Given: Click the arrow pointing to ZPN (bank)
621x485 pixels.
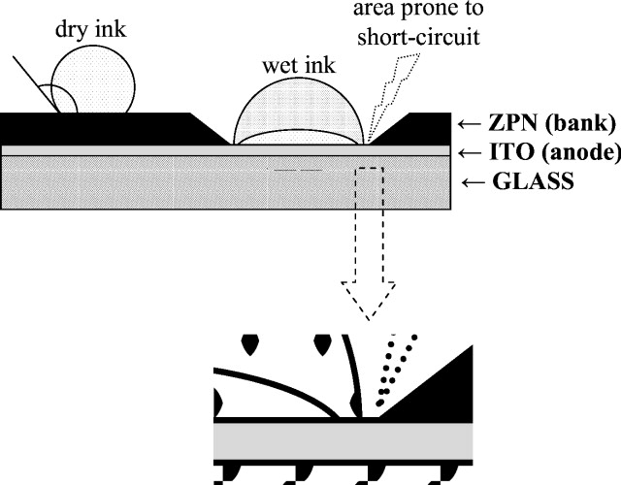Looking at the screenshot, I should coord(470,123).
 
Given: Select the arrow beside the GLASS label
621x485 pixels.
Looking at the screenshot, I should coord(470,180).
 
